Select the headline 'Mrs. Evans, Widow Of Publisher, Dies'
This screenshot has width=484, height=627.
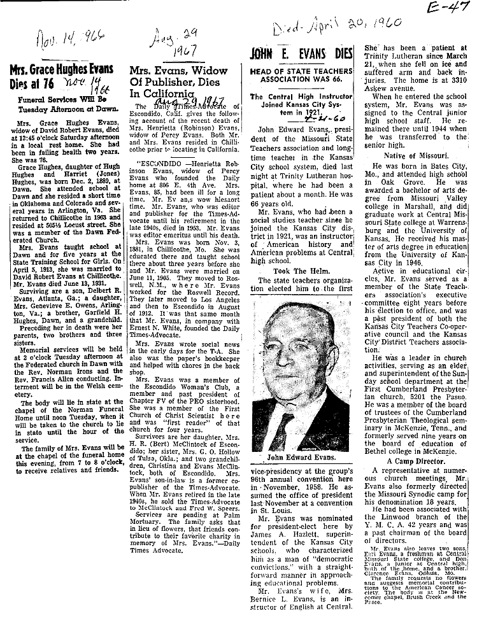[x=178, y=81]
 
